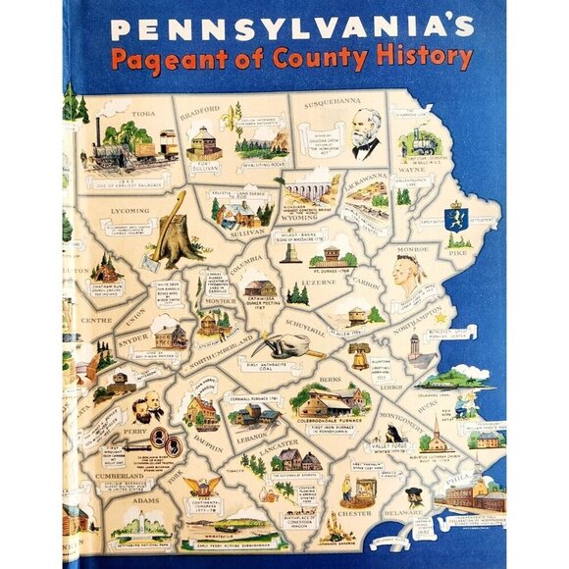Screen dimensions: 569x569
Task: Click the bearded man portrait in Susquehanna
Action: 366,134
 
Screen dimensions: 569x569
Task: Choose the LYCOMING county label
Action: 129,210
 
